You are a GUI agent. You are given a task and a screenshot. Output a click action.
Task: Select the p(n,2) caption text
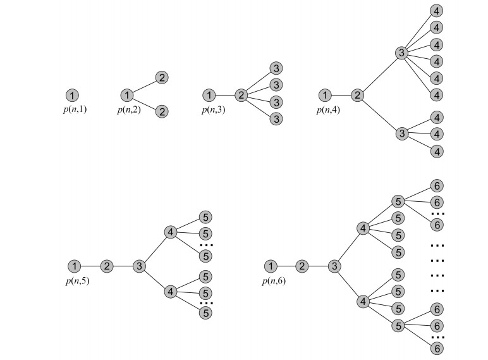(x=130, y=109)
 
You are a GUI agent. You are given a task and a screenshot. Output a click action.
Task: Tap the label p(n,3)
(x=214, y=109)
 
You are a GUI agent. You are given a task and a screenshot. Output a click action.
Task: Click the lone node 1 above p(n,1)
(x=72, y=96)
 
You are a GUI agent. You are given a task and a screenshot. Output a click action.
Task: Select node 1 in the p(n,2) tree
(x=126, y=96)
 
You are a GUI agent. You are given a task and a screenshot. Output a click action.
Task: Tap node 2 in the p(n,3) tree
(x=241, y=96)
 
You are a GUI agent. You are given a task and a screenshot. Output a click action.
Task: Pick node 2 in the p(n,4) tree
(x=357, y=96)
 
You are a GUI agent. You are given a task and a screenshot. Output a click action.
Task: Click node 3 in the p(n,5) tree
(x=138, y=266)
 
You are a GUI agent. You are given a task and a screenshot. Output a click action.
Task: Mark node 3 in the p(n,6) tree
(x=334, y=266)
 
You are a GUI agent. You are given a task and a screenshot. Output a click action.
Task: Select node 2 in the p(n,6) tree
(x=302, y=266)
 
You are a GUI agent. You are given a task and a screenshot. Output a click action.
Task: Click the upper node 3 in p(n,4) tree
(x=401, y=53)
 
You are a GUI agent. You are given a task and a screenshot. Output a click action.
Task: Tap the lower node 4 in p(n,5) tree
(x=171, y=292)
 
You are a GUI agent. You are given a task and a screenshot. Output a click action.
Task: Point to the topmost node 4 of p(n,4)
(x=437, y=11)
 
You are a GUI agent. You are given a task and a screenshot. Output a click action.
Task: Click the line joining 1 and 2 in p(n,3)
(x=225, y=96)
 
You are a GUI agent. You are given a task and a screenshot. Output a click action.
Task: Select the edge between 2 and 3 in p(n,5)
(x=123, y=266)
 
